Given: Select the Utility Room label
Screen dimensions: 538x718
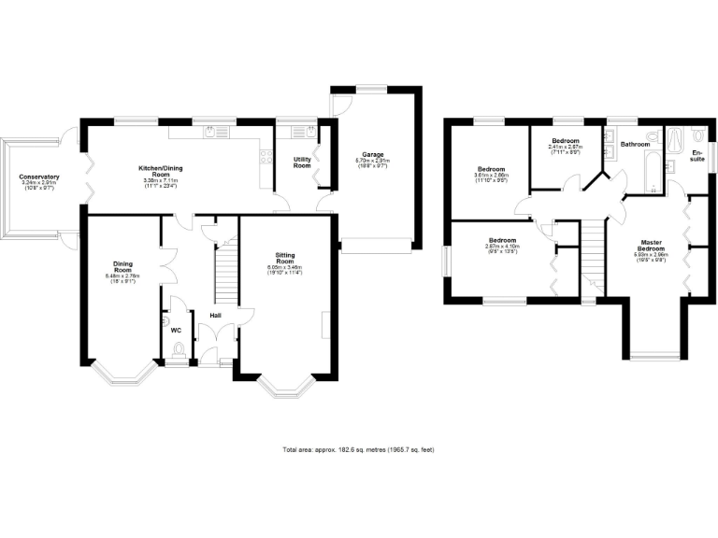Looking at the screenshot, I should (x=302, y=163).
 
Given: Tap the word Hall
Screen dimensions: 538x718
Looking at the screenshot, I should (x=215, y=316).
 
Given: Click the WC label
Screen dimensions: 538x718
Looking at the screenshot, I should (x=175, y=330).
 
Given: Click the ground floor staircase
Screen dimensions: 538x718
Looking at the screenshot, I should (x=225, y=271).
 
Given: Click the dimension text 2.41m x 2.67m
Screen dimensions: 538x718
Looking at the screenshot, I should (x=565, y=147).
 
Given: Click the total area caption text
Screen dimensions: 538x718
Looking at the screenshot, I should (x=358, y=449).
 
